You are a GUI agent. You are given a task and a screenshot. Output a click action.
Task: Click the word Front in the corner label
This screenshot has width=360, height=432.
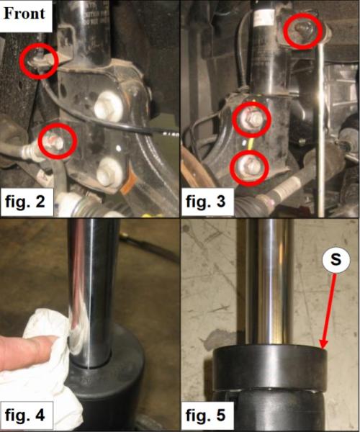(24, 14)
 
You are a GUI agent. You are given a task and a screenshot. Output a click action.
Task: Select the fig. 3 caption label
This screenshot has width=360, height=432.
(206, 202)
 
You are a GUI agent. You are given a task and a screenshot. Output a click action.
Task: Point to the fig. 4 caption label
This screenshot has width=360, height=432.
(24, 415)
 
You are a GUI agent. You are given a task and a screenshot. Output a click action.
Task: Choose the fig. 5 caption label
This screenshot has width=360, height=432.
(206, 415)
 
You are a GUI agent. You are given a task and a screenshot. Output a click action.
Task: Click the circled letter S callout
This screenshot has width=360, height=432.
(336, 259)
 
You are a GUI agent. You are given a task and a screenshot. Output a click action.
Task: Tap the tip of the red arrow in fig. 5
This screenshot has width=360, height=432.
(323, 348)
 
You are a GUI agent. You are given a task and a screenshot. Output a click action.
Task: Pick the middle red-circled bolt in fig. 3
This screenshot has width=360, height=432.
(251, 120)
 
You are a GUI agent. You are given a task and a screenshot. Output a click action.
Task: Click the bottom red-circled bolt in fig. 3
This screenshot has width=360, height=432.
(249, 167)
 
